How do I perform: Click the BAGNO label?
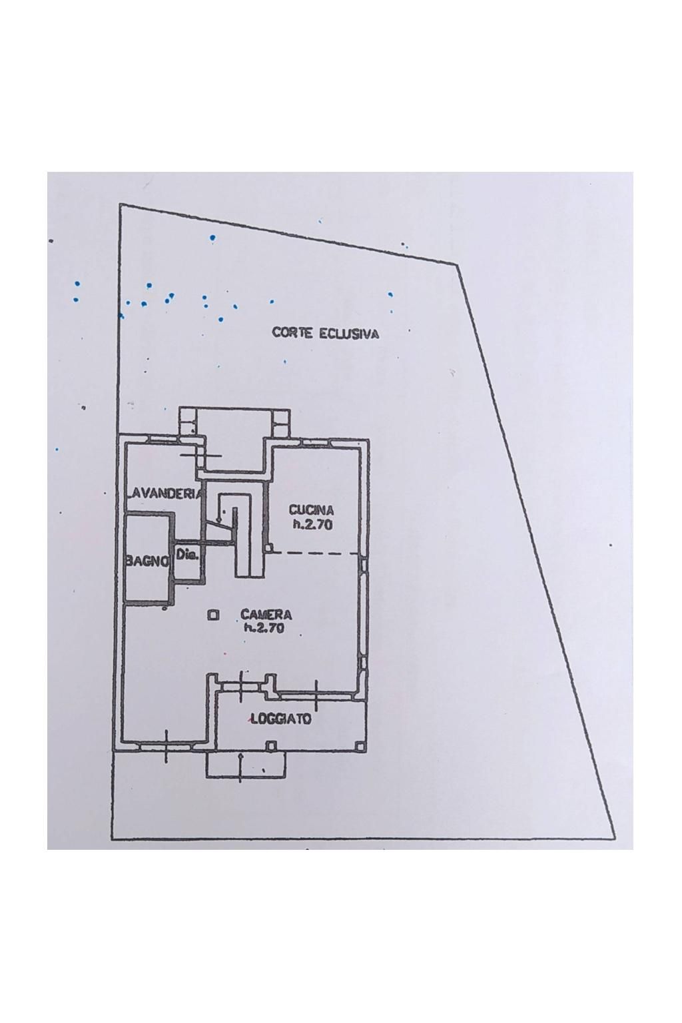(x=148, y=562)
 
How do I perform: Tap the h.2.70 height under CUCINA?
(x=312, y=525)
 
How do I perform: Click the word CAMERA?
(x=266, y=615)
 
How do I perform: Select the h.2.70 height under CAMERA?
(x=264, y=629)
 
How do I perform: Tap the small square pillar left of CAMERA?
(x=212, y=615)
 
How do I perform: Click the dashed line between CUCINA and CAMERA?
(x=315, y=553)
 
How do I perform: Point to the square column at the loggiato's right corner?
(x=360, y=746)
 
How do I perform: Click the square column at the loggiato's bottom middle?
(x=271, y=745)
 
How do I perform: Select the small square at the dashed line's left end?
(x=270, y=547)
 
